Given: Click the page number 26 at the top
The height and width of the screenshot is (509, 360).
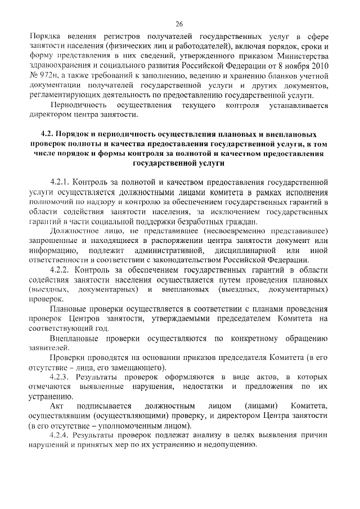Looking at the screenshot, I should (179, 24).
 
